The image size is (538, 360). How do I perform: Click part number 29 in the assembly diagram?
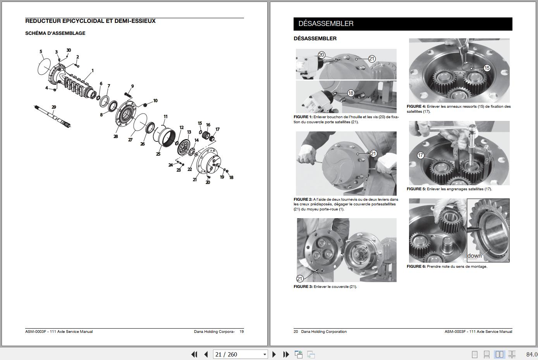[54, 107]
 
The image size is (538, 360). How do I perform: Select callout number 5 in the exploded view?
[41, 52]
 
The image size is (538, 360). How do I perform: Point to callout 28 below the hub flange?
[115, 136]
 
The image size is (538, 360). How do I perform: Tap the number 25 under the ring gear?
[158, 154]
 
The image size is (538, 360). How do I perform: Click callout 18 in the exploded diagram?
[231, 177]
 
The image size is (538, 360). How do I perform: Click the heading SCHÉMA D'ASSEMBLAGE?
[55, 33]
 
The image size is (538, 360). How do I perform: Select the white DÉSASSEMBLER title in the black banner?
[326, 24]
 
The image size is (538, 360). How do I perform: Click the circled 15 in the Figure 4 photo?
[487, 68]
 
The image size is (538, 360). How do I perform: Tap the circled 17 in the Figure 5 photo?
[421, 155]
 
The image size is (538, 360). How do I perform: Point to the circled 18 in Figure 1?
[351, 93]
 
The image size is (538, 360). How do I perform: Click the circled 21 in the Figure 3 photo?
[300, 278]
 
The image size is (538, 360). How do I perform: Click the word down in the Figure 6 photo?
[474, 256]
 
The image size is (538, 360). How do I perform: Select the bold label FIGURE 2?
[303, 200]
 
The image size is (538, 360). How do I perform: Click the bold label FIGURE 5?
[416, 189]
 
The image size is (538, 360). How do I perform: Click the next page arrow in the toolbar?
[274, 354]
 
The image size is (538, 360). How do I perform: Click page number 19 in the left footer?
[242, 332]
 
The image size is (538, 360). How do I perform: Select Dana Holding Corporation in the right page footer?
[324, 332]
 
